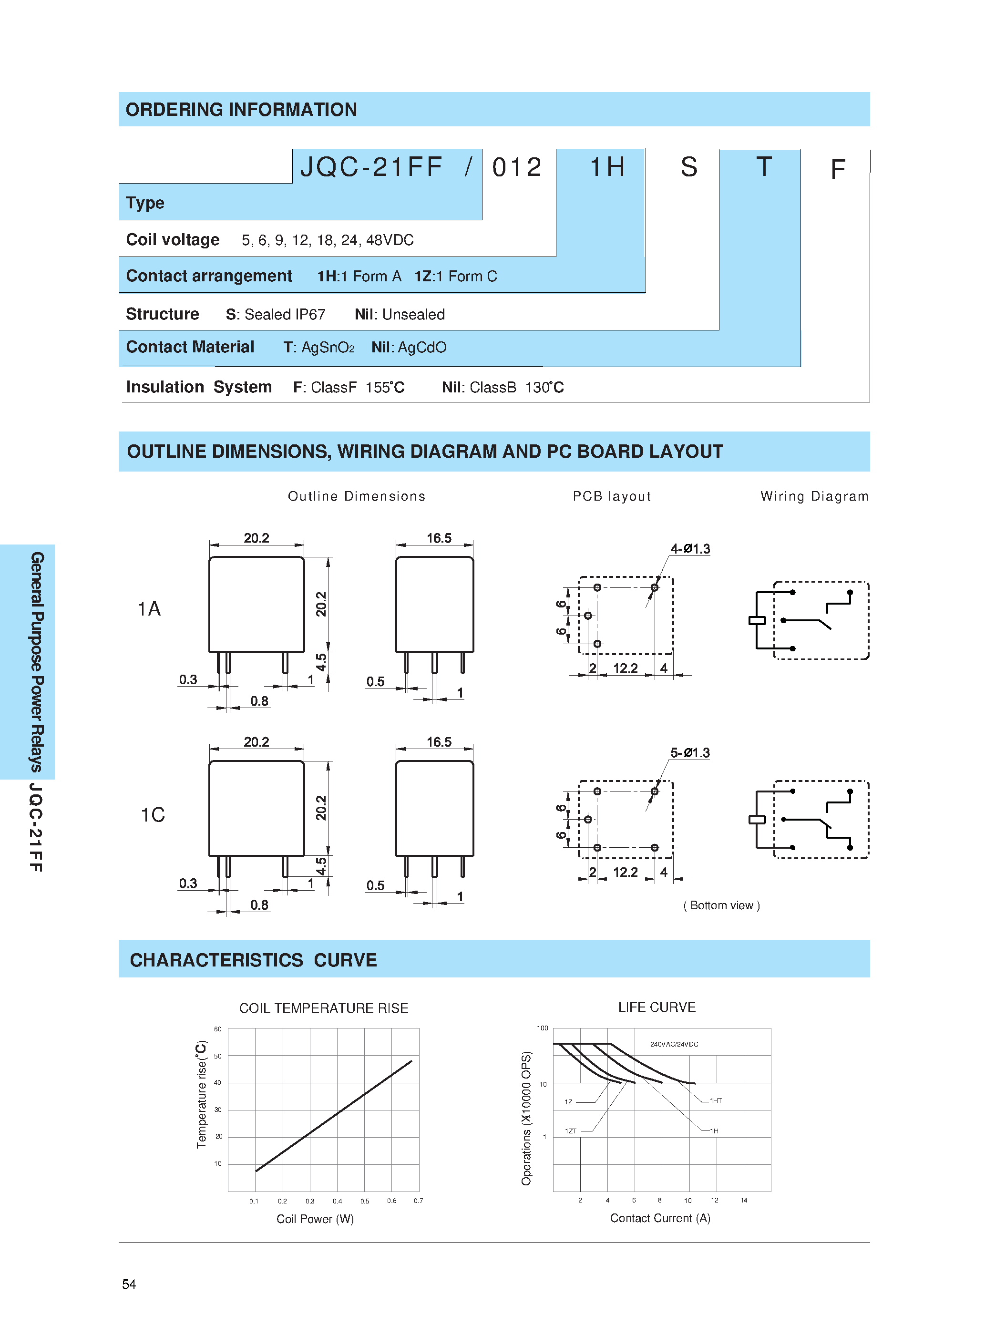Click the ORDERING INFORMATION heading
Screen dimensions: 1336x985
click(241, 110)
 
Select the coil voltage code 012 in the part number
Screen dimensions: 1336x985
click(516, 167)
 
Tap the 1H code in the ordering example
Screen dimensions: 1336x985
click(607, 167)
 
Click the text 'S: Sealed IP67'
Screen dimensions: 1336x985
click(276, 314)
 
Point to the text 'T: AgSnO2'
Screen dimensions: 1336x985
click(318, 347)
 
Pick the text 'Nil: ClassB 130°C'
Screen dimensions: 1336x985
click(502, 388)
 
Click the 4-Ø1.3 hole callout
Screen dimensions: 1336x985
click(690, 548)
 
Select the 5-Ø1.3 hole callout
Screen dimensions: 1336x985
click(690, 752)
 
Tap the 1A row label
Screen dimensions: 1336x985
click(149, 609)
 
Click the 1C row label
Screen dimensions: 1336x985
click(153, 814)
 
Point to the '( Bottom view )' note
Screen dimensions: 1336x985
click(721, 905)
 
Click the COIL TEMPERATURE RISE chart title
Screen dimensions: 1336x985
click(324, 1008)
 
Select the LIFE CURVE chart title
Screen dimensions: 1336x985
click(657, 1007)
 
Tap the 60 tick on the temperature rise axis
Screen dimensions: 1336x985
click(217, 1029)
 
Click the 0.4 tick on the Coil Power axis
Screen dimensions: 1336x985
click(338, 1201)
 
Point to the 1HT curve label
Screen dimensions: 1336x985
click(716, 1100)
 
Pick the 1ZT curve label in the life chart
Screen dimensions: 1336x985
click(571, 1131)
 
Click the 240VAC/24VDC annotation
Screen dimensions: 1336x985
click(674, 1044)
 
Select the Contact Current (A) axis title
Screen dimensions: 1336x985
click(659, 1218)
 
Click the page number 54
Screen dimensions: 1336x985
click(129, 1284)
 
